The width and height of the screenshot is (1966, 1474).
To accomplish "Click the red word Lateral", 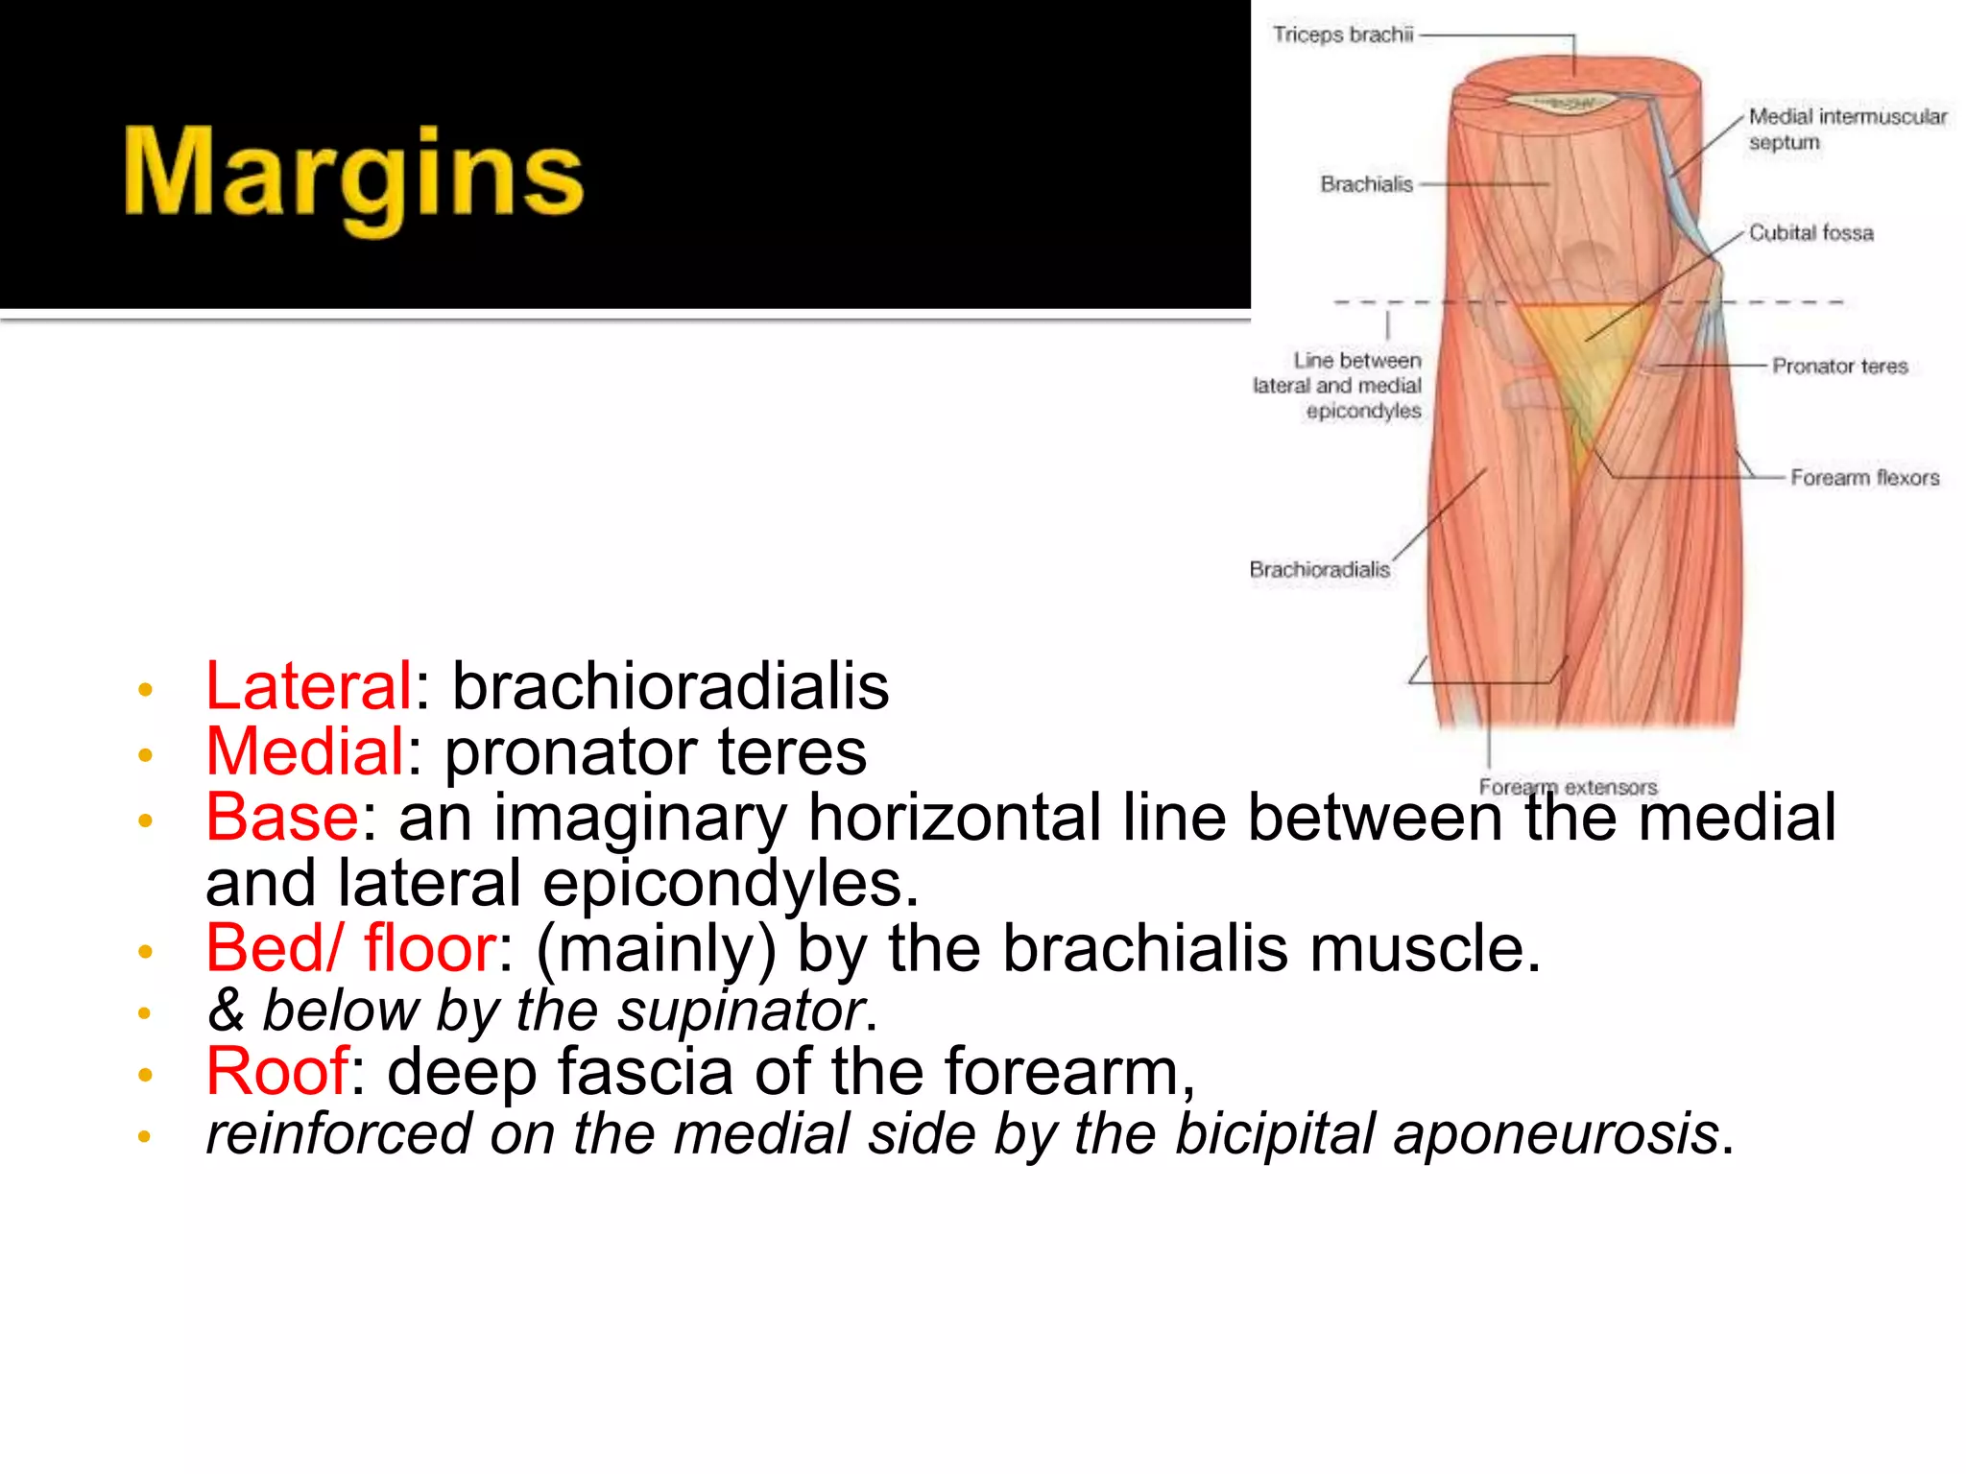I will click(308, 686).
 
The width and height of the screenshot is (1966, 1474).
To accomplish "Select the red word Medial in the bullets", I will click(304, 751).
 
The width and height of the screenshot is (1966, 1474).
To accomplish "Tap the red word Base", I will click(282, 817).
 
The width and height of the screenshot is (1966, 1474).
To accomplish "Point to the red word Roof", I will click(276, 1071).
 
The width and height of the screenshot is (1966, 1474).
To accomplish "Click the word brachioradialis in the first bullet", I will click(670, 686).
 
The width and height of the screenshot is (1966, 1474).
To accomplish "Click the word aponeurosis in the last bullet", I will click(1555, 1133).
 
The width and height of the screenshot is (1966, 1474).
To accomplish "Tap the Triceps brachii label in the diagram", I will click(1342, 36).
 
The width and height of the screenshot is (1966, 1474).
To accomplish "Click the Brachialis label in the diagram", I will click(1366, 184).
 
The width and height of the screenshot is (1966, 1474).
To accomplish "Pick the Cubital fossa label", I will click(1810, 233).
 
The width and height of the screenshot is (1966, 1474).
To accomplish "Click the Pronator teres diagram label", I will click(1839, 367).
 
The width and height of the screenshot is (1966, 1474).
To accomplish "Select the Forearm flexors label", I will click(1864, 478).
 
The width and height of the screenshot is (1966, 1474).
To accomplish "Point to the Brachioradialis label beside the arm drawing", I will click(1319, 570).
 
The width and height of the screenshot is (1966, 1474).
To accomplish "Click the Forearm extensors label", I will click(1568, 787).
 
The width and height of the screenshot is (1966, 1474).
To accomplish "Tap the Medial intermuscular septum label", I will click(1846, 129).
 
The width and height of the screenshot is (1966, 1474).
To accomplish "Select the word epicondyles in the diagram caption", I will click(1363, 411).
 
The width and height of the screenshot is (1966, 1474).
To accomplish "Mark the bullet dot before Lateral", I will click(145, 690).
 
